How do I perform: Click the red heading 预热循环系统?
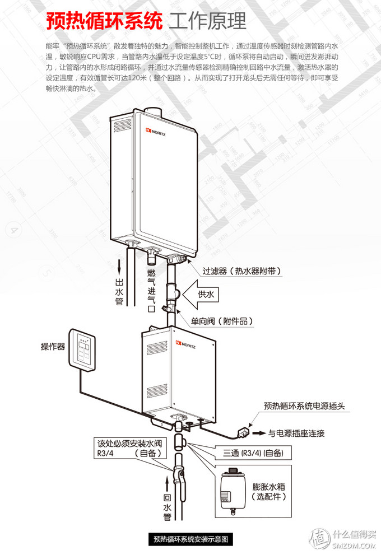click(x=104, y=21)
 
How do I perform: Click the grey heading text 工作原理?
click(x=207, y=21)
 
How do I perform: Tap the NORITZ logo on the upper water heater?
click(x=155, y=132)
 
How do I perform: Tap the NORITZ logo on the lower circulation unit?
click(x=185, y=344)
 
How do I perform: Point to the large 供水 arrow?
click(x=201, y=294)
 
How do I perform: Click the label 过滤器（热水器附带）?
click(x=242, y=271)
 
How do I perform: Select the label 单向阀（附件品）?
click(x=222, y=321)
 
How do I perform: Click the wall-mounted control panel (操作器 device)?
click(x=82, y=350)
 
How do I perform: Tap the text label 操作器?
click(x=53, y=347)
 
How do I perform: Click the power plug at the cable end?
click(x=243, y=432)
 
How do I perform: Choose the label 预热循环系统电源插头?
click(x=304, y=406)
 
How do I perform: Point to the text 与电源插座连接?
click(x=296, y=433)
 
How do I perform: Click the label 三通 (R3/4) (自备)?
click(x=253, y=453)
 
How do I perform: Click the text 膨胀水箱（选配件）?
click(x=269, y=492)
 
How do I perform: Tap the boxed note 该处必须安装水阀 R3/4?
click(x=129, y=448)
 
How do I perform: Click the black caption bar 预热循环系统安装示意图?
click(x=191, y=539)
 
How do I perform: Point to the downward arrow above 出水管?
click(x=119, y=266)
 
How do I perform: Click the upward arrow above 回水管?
click(x=167, y=484)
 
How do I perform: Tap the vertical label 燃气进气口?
click(x=151, y=291)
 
